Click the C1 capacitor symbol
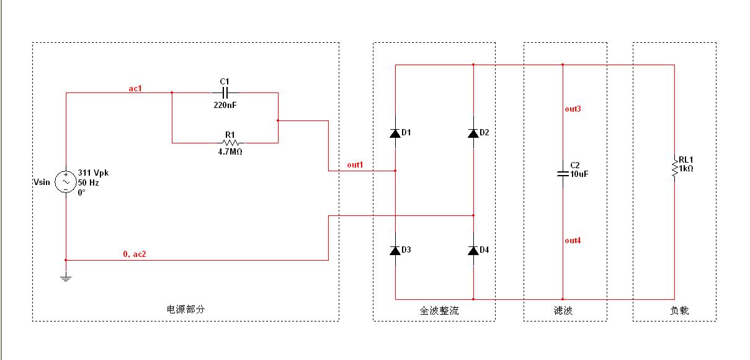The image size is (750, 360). [225, 92]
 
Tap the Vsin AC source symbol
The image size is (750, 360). [66, 182]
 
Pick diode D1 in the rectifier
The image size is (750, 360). [395, 133]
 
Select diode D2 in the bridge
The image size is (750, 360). [473, 133]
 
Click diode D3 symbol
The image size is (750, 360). [395, 250]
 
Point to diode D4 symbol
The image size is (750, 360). [473, 250]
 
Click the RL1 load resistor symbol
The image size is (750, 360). [674, 168]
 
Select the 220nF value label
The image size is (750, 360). [225, 105]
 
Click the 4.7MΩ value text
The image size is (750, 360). [230, 151]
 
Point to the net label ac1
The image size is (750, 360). [135, 88]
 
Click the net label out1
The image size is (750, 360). [355, 164]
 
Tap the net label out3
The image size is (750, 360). [573, 109]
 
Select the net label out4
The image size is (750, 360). [573, 241]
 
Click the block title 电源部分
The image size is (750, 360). [185, 310]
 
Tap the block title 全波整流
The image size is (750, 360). [439, 310]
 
